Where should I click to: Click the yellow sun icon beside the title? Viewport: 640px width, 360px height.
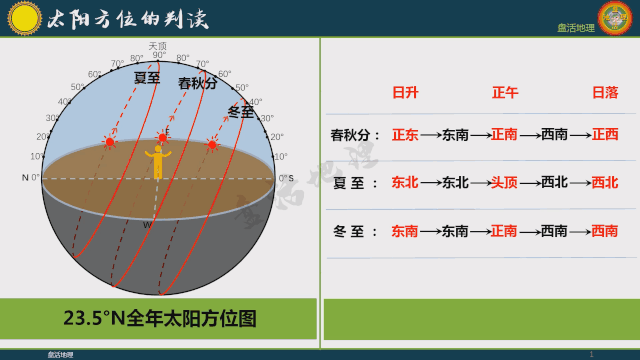[21, 17]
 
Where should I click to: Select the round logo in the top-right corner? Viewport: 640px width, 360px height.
[617, 19]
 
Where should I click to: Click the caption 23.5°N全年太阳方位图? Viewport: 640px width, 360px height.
[160, 319]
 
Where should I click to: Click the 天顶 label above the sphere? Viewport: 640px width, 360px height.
[157, 45]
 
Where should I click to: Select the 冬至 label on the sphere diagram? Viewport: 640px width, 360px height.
[240, 110]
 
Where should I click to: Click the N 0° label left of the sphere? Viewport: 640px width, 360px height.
[31, 177]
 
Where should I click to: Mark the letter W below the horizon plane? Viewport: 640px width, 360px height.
[147, 225]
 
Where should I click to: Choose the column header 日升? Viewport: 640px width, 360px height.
[404, 92]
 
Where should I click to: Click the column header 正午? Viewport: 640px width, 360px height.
[505, 92]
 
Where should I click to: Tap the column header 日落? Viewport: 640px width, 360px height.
[605, 92]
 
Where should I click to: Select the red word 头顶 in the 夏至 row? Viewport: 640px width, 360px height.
[504, 183]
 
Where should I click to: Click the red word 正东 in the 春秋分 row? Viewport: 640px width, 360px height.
[405, 134]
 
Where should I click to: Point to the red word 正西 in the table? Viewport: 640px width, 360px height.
[605, 134]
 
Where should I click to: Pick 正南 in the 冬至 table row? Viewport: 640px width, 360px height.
[504, 231]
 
